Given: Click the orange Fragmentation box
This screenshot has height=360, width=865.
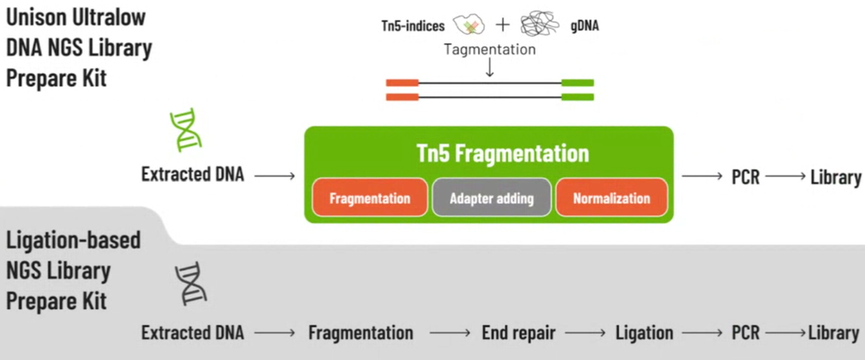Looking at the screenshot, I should point(370,199).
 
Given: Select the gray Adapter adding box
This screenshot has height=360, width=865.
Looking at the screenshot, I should point(492,199).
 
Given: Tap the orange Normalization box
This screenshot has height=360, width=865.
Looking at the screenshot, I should point(612,199).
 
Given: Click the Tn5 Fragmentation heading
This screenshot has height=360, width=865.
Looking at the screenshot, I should point(490,153).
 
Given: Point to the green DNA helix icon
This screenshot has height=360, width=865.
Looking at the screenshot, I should point(184,128).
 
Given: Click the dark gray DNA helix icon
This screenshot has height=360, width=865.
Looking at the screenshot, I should point(190,283).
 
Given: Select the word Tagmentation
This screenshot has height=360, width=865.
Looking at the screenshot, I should point(490,50).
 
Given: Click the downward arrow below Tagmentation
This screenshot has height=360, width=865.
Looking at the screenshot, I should point(490,68).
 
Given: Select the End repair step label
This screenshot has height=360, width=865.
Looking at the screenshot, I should point(518,333).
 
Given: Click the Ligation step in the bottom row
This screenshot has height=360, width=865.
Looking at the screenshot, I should point(645,333).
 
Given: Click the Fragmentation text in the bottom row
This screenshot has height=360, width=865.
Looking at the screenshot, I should point(361,333).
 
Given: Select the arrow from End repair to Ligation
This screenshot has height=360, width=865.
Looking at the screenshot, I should point(585,333).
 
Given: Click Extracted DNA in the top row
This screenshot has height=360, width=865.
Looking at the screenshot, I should point(193,176).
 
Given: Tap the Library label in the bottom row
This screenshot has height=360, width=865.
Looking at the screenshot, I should point(833,333).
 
